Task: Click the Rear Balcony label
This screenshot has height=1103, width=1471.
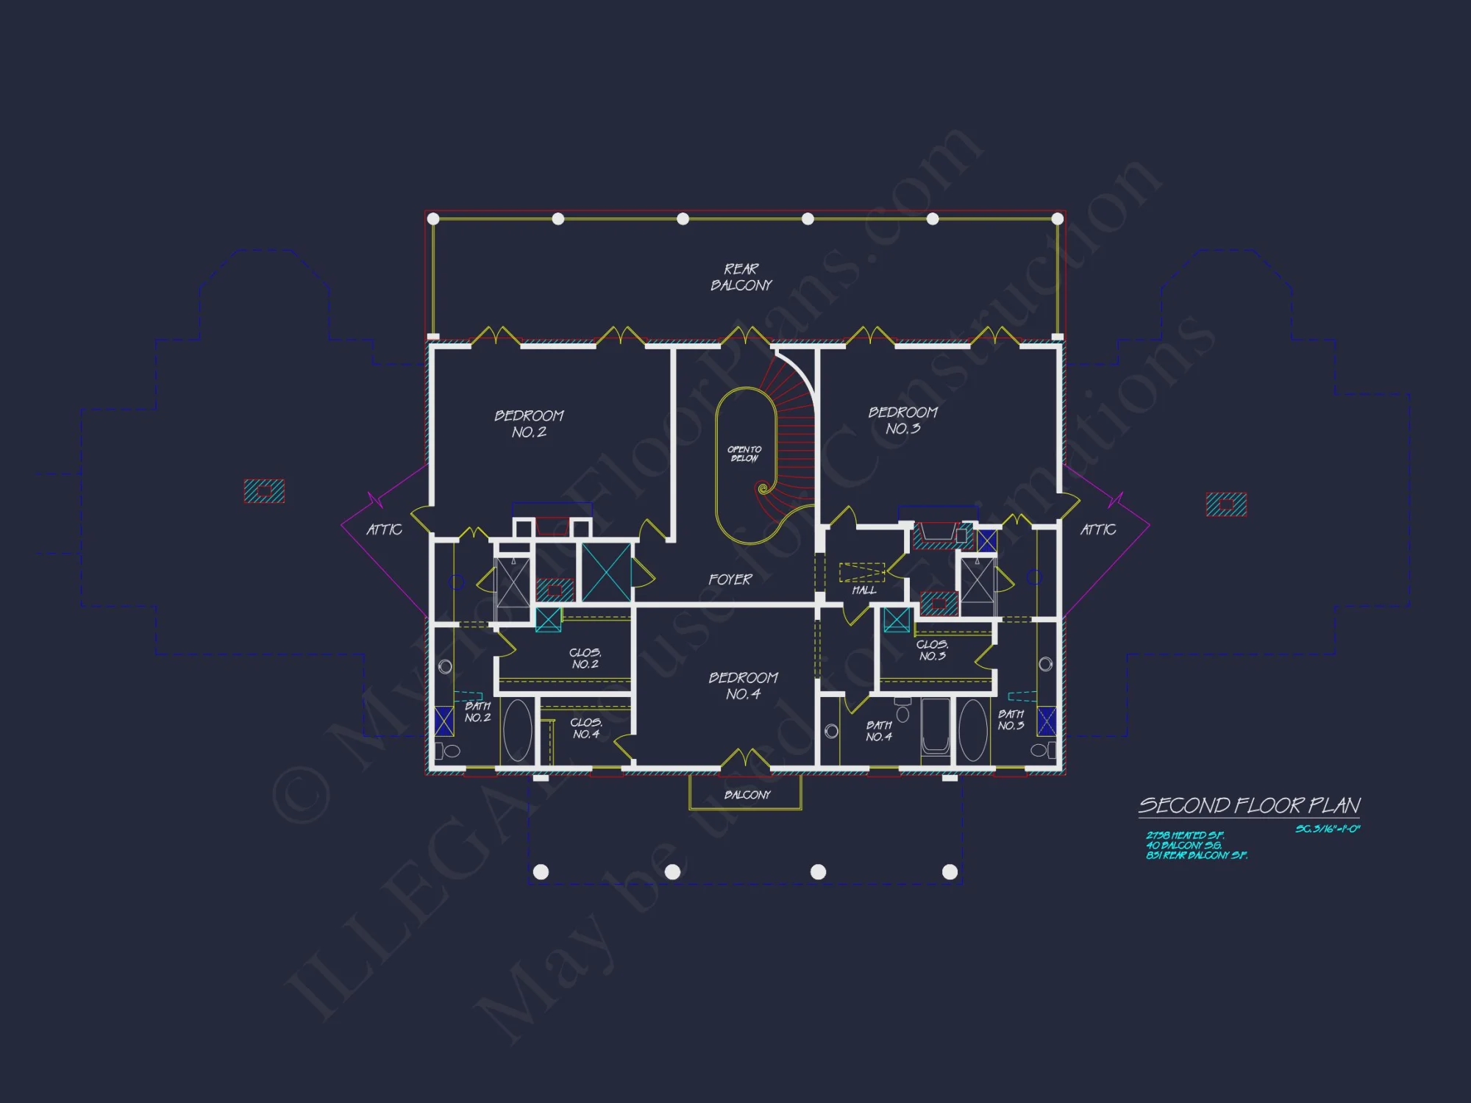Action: (x=741, y=277)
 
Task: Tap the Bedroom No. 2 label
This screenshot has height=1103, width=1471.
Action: (x=529, y=424)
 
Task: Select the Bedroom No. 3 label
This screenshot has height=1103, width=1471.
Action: (x=902, y=421)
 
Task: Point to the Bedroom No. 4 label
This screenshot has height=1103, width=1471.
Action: (x=743, y=685)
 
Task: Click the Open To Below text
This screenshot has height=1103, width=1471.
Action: (x=744, y=454)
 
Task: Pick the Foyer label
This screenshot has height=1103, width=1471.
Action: (x=730, y=579)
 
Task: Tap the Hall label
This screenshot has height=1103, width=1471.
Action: (x=863, y=590)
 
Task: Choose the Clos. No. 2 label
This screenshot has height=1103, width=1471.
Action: (x=585, y=658)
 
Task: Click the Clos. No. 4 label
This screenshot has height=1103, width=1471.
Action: (x=586, y=728)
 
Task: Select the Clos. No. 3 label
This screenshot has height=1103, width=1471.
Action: (x=932, y=650)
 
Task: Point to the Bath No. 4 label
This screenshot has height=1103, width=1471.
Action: (x=879, y=731)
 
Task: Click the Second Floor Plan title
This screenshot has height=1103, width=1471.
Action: (x=1249, y=806)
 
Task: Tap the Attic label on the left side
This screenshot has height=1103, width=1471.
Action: (x=384, y=529)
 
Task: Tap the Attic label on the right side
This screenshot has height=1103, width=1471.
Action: (x=1097, y=529)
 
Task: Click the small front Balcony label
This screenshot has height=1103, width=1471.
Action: (x=747, y=795)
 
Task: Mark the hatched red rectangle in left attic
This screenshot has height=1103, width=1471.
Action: (x=264, y=491)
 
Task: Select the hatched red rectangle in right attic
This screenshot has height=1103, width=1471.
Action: (x=1226, y=504)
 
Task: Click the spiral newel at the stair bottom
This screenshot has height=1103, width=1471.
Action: (x=763, y=488)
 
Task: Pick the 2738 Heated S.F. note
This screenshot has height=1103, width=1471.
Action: (x=1184, y=835)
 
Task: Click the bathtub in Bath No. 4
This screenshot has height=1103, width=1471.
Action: (x=935, y=728)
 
